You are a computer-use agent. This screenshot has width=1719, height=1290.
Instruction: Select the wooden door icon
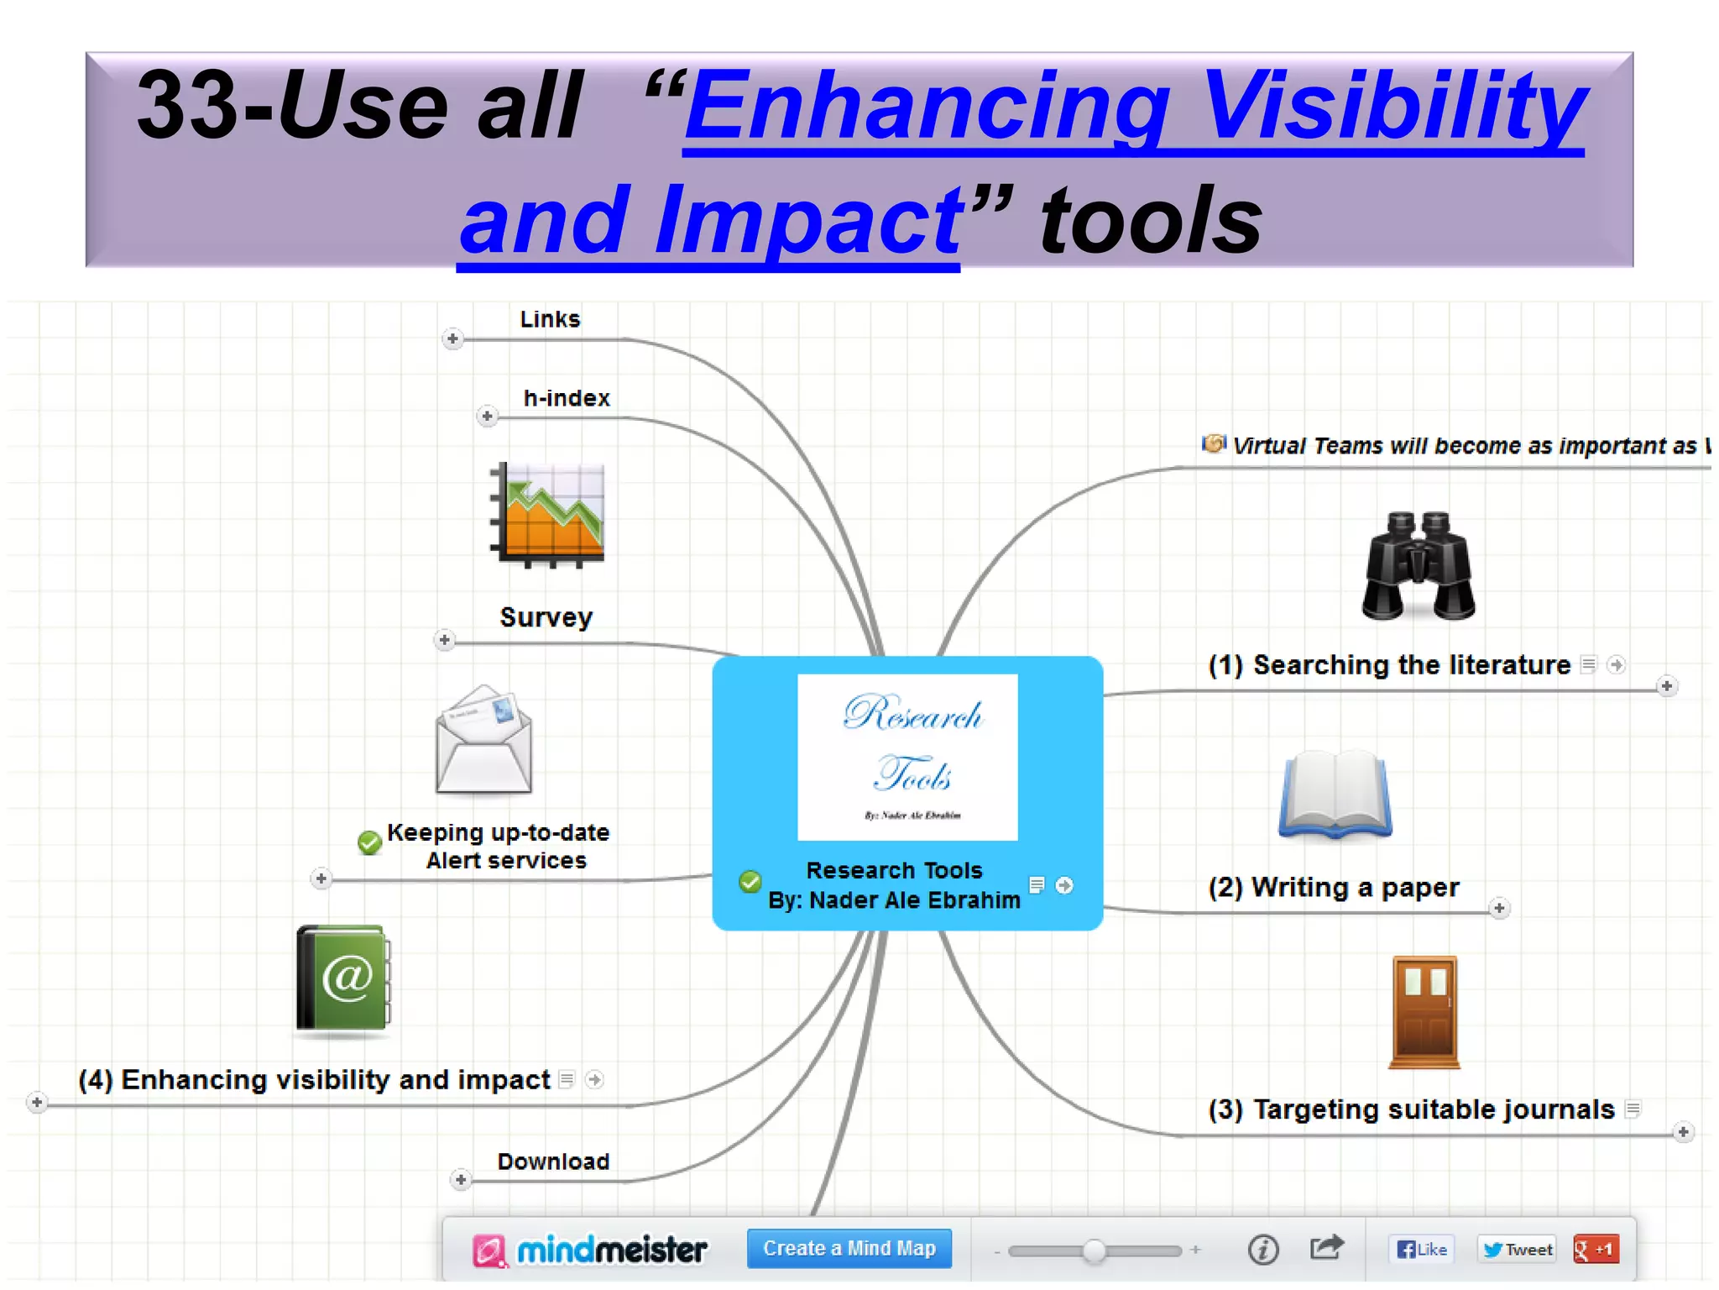tap(1424, 1011)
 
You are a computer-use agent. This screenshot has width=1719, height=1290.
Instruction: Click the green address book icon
tap(343, 978)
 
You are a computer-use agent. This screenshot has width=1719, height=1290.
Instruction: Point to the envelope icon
tap(483, 739)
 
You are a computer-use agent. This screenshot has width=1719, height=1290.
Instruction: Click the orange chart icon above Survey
tap(547, 513)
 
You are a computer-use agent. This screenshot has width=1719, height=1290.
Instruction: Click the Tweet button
tap(1518, 1249)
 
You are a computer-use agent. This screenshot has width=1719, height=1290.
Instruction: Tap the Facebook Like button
tap(1421, 1249)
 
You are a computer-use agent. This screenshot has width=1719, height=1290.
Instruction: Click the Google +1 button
tap(1596, 1249)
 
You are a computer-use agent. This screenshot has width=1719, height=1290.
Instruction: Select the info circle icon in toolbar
tap(1262, 1249)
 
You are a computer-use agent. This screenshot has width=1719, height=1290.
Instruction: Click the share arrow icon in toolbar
tap(1326, 1247)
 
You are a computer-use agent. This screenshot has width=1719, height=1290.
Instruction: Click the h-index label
tap(567, 398)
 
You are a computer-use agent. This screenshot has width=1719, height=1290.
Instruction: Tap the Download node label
tap(553, 1162)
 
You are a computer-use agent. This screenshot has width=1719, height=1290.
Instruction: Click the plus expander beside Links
tap(452, 338)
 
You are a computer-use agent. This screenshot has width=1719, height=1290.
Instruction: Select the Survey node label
tap(546, 617)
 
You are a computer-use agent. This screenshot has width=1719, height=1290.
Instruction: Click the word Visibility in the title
tap(1392, 107)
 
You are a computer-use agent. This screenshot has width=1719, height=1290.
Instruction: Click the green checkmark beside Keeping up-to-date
tap(369, 842)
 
